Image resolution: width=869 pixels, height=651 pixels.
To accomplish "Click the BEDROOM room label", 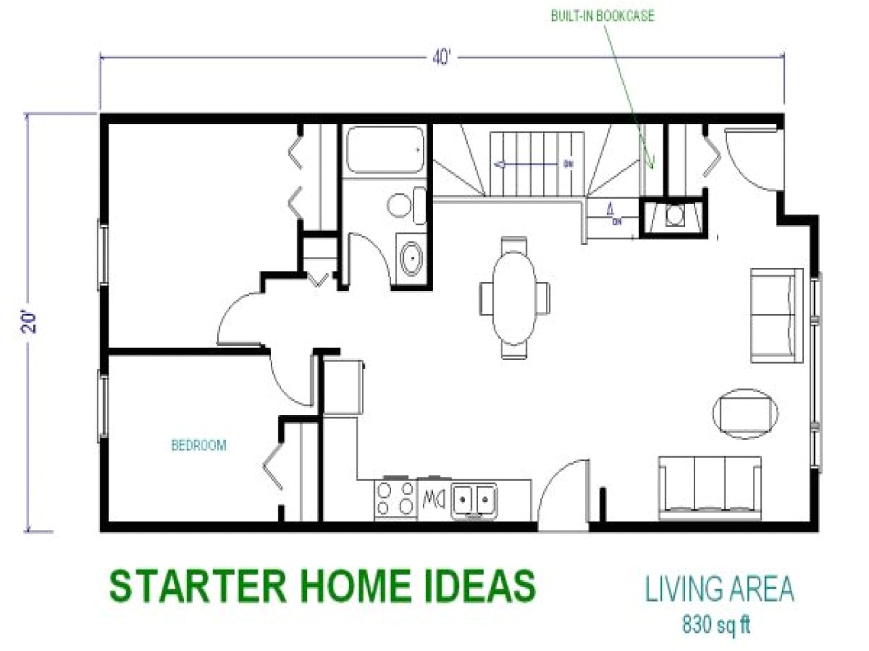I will (198, 446).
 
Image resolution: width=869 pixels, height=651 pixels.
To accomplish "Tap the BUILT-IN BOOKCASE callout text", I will (602, 16).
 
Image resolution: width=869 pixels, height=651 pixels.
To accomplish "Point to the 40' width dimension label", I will (441, 58).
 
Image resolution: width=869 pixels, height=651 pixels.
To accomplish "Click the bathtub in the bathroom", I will (385, 151).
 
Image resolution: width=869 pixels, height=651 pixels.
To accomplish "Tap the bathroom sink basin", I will (410, 258).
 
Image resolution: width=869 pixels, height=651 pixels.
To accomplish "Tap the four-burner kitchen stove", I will (396, 499).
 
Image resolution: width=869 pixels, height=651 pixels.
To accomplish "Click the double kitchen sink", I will (475, 500).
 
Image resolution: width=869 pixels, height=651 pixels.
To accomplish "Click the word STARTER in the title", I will (184, 585).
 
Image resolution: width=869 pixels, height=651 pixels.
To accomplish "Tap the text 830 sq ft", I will (716, 624).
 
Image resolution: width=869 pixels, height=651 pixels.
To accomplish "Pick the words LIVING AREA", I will (719, 589).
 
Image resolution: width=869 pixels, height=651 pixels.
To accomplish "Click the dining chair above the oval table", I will (514, 244).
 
